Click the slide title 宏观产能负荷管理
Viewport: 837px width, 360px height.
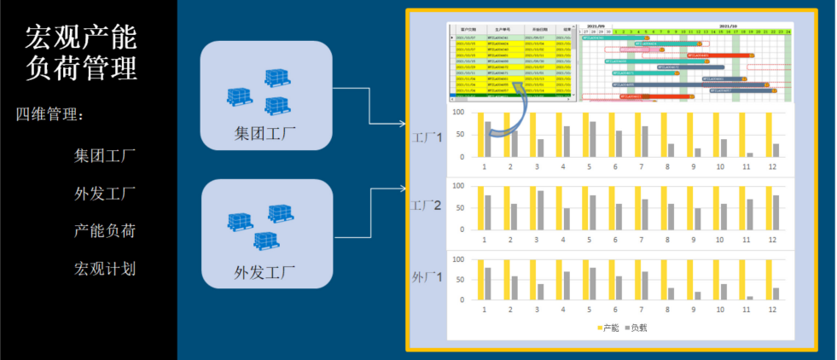(x=81, y=52)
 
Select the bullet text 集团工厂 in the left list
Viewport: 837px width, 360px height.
(x=105, y=156)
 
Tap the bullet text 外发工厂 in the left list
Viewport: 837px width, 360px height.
(x=105, y=194)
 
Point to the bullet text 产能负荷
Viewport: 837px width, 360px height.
(x=105, y=231)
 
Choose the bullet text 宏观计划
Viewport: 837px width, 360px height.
(x=105, y=269)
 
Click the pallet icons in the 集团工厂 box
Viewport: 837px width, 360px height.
(x=265, y=90)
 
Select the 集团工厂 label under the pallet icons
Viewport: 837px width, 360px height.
(x=265, y=134)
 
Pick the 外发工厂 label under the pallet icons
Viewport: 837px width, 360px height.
(x=265, y=273)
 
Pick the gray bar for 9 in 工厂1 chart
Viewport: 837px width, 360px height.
(x=699, y=153)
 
